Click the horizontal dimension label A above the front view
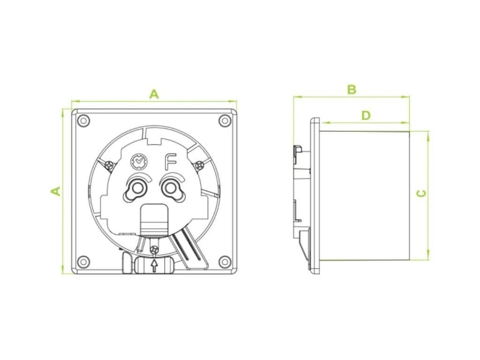pyautogui.click(x=154, y=94)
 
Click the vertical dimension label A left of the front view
pyautogui.click(x=55, y=191)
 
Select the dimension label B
pyautogui.click(x=352, y=90)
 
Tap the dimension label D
pyautogui.click(x=366, y=115)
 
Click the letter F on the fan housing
pyautogui.click(x=170, y=162)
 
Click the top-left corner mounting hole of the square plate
pyautogui.click(x=83, y=120)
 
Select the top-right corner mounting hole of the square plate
pyautogui.click(x=225, y=120)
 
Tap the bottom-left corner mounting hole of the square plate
pyautogui.click(x=83, y=262)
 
